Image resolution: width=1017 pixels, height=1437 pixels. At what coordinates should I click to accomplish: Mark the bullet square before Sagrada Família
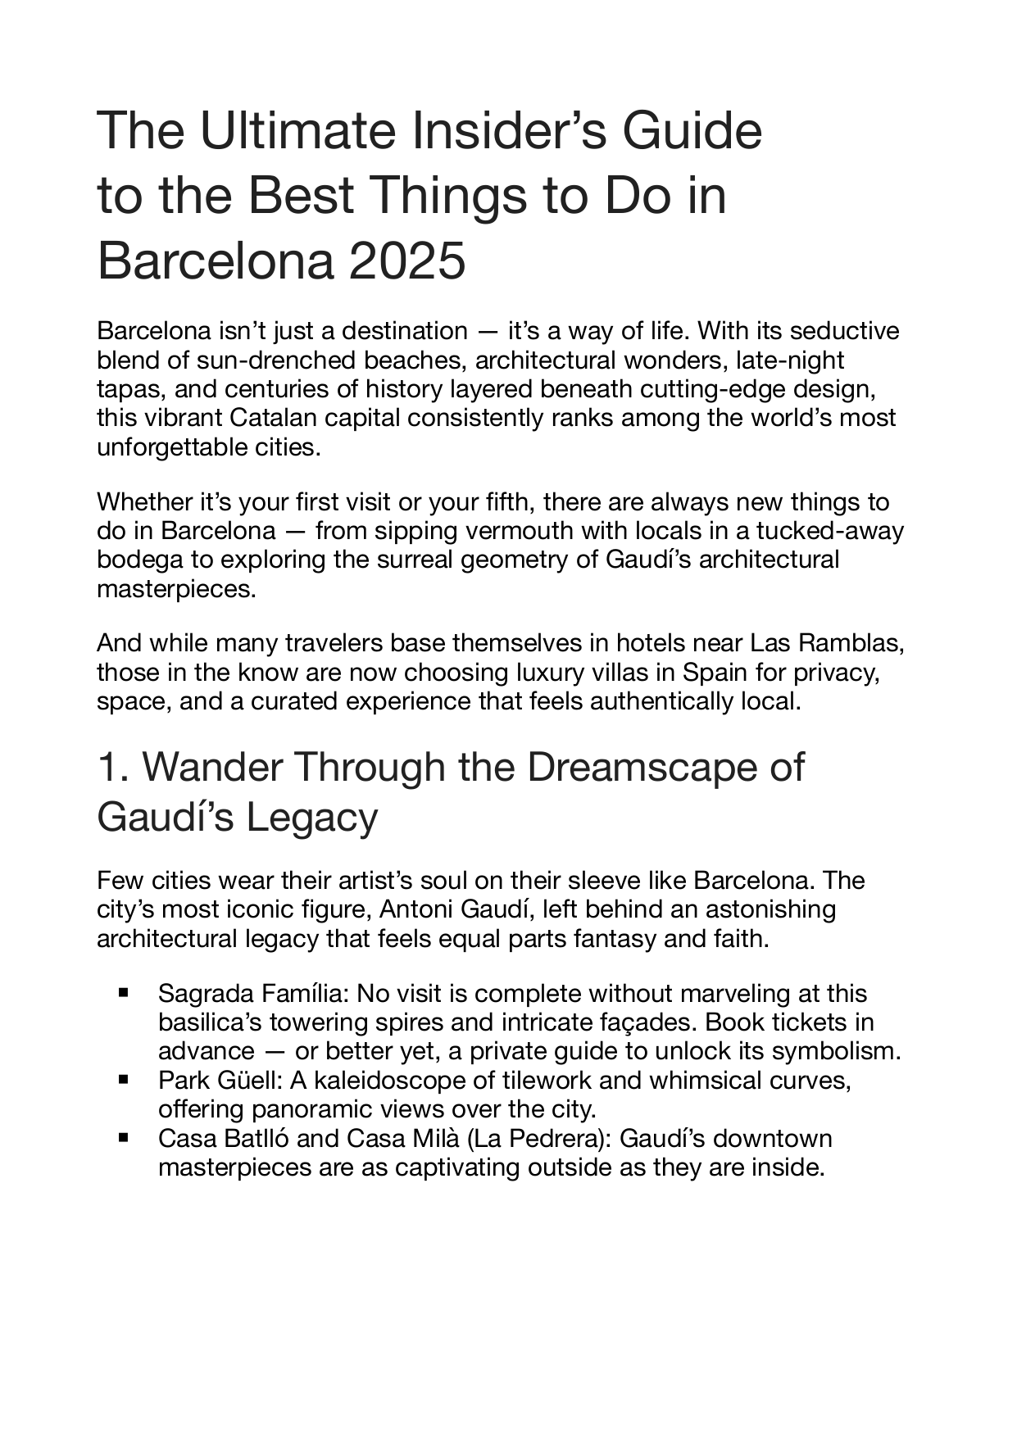tap(125, 993)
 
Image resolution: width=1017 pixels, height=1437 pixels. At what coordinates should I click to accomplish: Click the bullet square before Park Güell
tap(125, 1080)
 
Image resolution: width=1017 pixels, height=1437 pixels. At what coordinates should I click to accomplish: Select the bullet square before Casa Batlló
tap(125, 1138)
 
